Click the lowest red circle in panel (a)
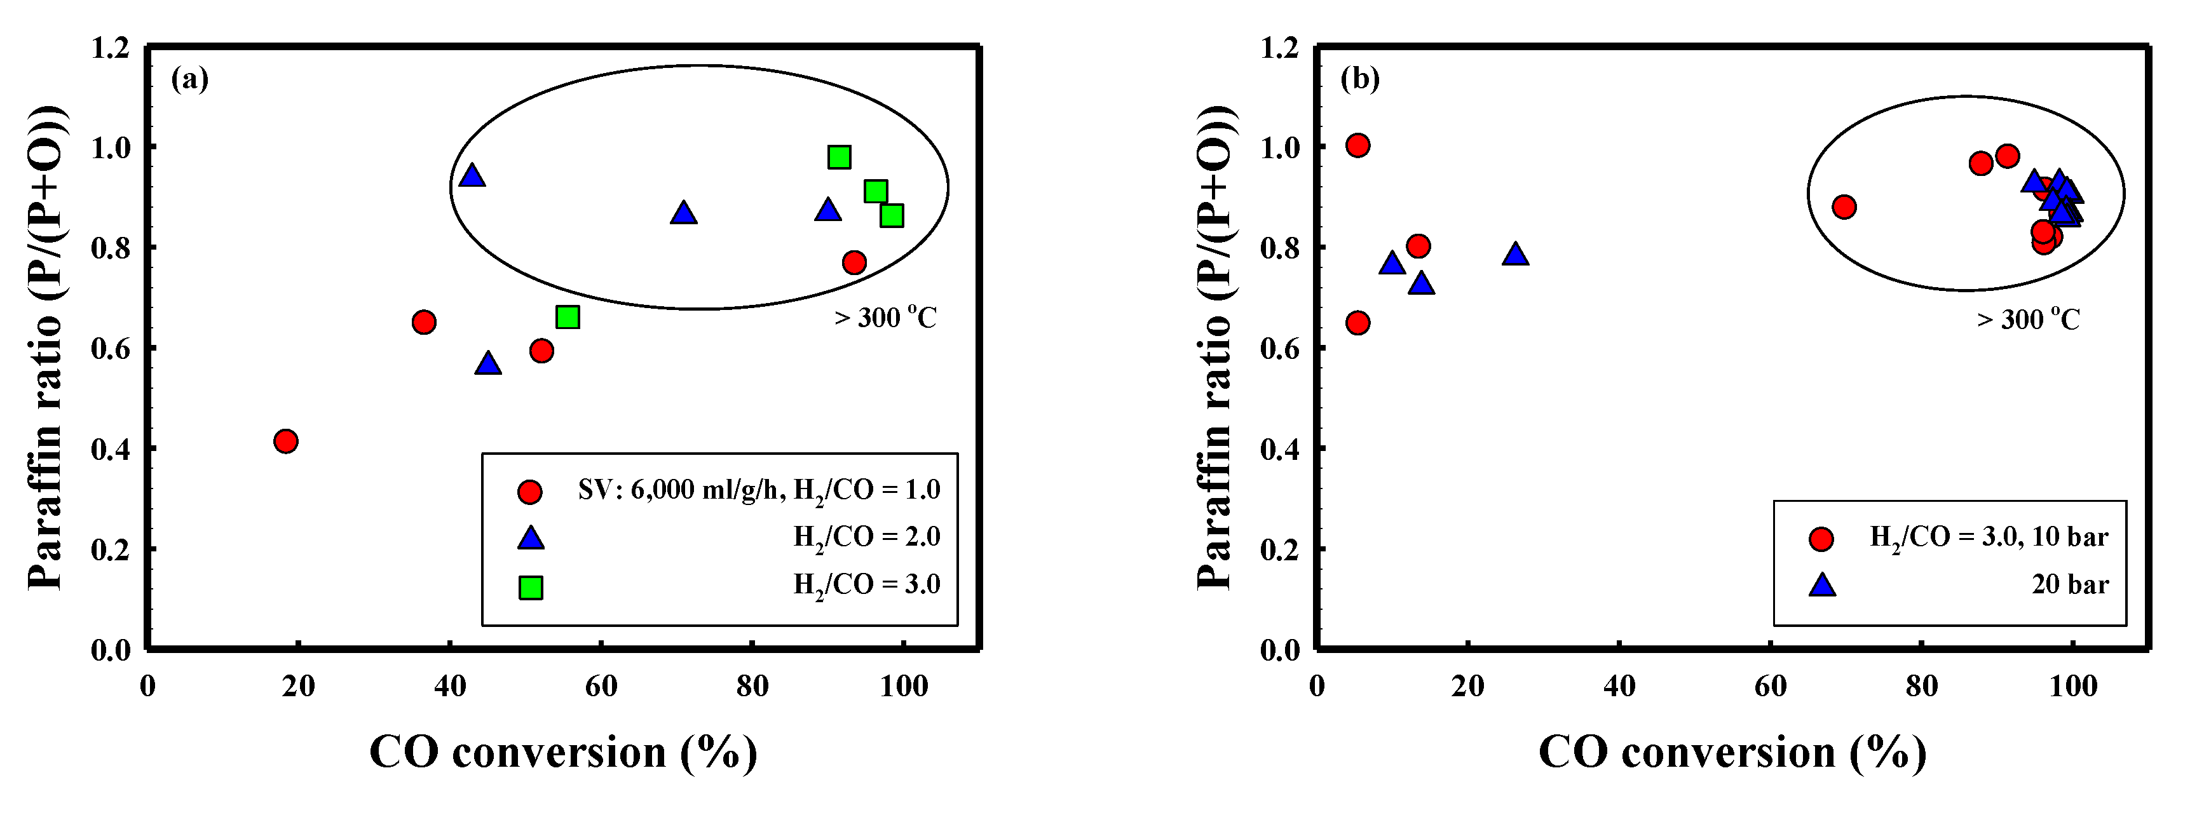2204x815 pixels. click(286, 441)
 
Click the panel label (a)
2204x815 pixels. click(190, 79)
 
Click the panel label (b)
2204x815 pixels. click(1359, 79)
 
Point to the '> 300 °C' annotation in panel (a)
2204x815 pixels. click(885, 317)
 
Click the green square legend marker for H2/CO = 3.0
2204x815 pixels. click(531, 588)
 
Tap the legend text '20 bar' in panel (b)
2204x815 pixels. click(2070, 585)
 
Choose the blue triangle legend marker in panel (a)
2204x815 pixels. click(531, 538)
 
